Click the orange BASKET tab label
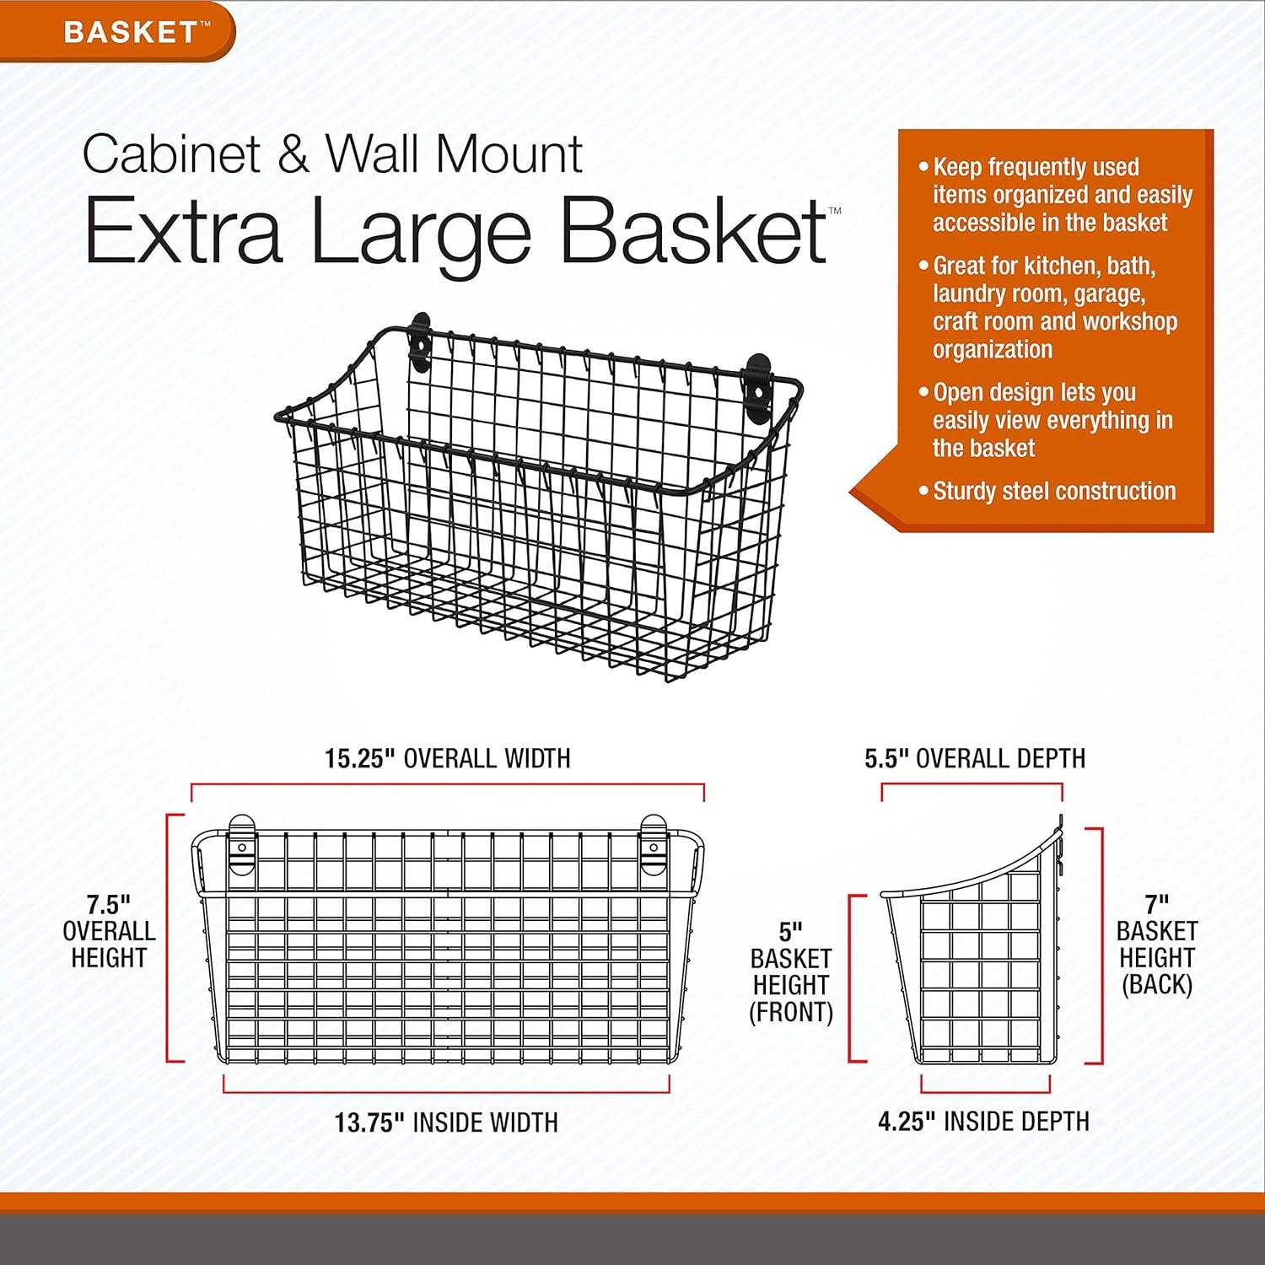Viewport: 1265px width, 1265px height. [132, 32]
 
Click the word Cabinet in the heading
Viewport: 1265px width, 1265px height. [172, 154]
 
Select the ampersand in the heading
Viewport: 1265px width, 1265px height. [293, 155]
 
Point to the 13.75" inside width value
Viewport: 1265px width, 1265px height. [369, 1122]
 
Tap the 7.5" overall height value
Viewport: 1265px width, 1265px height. [109, 905]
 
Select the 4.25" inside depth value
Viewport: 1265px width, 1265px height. [907, 1122]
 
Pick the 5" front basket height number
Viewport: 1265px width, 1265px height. [790, 932]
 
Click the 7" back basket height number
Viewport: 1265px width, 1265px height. [1156, 904]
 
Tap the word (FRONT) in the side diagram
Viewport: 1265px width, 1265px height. [791, 1012]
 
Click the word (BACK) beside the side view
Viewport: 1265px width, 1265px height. [1156, 984]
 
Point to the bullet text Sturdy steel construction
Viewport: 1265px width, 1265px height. [1054, 491]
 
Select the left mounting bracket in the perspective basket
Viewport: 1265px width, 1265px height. [420, 342]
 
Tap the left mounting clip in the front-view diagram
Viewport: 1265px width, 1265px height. [241, 843]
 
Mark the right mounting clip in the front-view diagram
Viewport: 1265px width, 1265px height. [654, 843]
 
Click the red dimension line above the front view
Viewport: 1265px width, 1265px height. [448, 785]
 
